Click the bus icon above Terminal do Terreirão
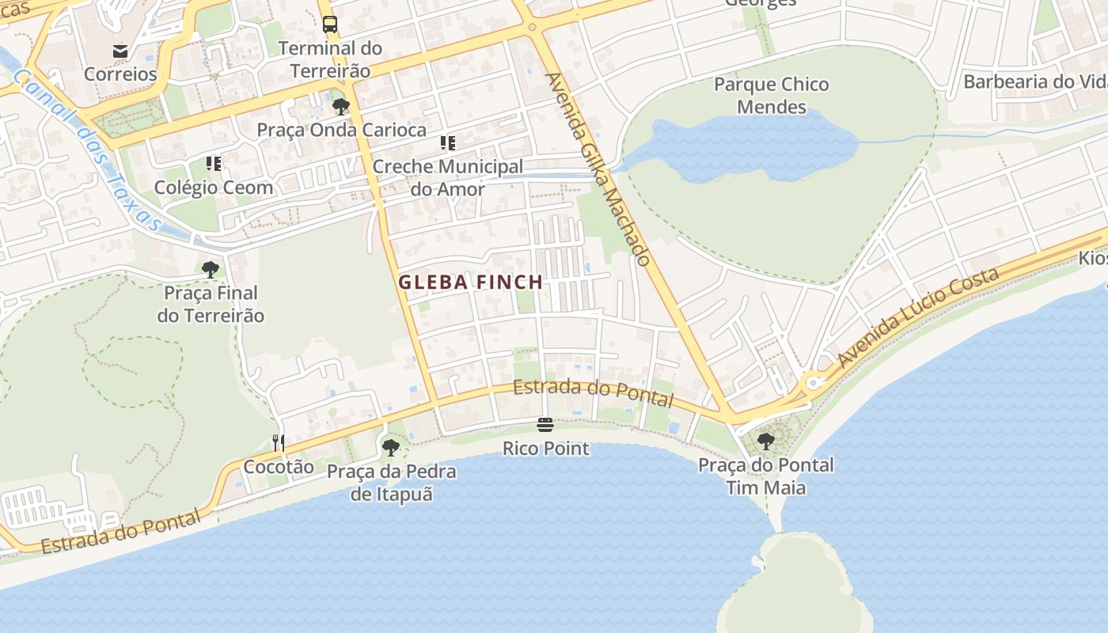point(330,25)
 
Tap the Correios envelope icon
point(120,51)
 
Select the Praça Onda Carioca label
point(341,130)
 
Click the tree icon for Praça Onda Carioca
point(341,106)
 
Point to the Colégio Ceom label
point(214,188)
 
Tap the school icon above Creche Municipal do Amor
point(448,143)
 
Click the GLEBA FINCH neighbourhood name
point(471,282)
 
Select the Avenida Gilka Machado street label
point(598,169)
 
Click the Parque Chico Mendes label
point(771,95)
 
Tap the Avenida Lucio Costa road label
point(918,318)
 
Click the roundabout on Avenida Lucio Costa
point(813,385)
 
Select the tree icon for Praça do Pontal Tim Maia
point(765,441)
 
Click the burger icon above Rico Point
point(545,425)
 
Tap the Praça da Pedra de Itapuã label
point(392,483)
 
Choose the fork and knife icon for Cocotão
point(279,442)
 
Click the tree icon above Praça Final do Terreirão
point(211,270)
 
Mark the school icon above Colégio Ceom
point(214,164)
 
